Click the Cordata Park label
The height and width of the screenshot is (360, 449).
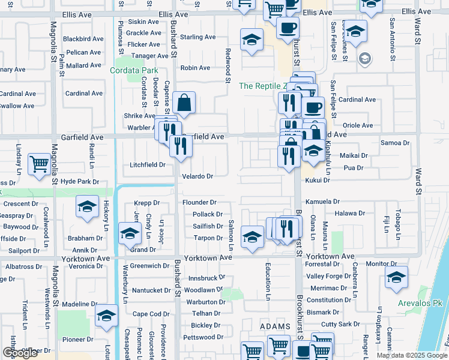tap(131, 70)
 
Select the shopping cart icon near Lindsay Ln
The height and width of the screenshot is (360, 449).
tap(40, 163)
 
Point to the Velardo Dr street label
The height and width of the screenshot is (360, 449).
tap(197, 176)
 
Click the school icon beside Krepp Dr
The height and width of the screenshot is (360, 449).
tap(87, 207)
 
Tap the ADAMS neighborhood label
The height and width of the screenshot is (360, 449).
tap(274, 325)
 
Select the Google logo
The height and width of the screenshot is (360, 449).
tap(20, 353)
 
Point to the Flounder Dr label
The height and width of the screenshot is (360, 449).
tap(199, 203)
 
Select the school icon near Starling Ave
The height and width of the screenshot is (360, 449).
tap(252, 40)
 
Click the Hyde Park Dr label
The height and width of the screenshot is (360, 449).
tap(79, 181)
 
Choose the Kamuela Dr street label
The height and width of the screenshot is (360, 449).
tap(322, 202)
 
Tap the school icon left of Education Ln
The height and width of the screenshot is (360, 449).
tap(252, 236)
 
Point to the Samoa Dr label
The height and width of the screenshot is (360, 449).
tap(395, 143)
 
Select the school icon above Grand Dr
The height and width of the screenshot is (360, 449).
tap(130, 234)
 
